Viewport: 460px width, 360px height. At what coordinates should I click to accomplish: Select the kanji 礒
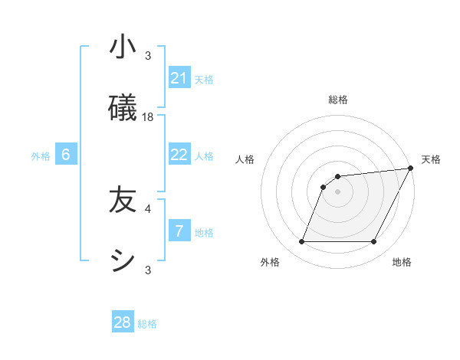coord(123,108)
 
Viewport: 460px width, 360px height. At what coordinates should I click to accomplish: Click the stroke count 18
coord(148,116)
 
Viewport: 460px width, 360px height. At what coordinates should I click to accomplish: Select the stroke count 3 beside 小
coord(148,55)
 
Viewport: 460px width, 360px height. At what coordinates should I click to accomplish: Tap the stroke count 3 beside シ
coord(148,270)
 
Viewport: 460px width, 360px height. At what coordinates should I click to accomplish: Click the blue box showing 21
coord(179,78)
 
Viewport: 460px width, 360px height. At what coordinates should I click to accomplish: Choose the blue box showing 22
coord(179,155)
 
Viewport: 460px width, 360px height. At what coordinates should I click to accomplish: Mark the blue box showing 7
coord(179,230)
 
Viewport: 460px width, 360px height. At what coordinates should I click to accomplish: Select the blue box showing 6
coord(66,155)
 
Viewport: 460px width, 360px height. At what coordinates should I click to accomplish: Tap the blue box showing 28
coord(123,322)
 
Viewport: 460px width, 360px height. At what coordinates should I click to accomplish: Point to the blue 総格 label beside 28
coord(147,324)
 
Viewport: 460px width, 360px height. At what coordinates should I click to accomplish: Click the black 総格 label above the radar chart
coord(338,100)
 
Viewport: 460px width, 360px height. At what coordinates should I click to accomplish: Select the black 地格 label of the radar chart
coord(402,262)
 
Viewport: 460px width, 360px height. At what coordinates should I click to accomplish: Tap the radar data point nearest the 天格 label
coord(412,168)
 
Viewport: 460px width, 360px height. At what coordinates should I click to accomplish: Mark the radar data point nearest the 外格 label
coord(301,242)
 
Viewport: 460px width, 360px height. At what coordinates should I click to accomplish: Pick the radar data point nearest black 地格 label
coord(374,242)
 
